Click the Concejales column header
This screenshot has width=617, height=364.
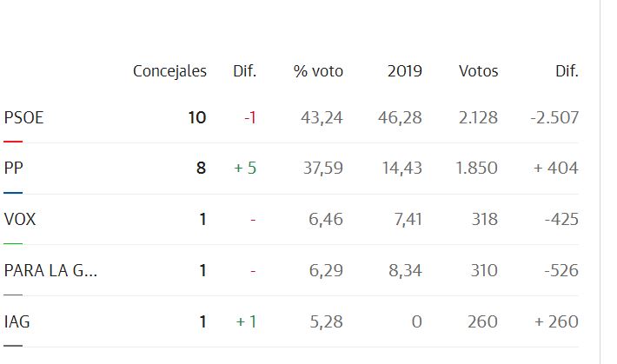169,71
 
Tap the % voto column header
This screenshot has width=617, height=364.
318,71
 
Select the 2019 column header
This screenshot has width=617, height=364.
404,71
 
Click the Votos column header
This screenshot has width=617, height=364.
478,71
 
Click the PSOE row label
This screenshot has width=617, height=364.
23,117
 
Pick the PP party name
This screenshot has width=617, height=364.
14,169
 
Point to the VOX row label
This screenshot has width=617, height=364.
20,220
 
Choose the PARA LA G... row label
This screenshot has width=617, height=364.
50,271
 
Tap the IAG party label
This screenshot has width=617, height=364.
17,322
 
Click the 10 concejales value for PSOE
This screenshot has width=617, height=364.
197,117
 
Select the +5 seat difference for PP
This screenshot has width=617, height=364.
245,169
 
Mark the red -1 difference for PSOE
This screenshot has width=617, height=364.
249,117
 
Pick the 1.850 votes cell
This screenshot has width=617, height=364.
477,169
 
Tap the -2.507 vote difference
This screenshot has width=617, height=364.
554,117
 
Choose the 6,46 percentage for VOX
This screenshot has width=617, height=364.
326,220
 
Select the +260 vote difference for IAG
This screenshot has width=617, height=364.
556,322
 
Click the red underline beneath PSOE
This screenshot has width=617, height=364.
13,140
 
